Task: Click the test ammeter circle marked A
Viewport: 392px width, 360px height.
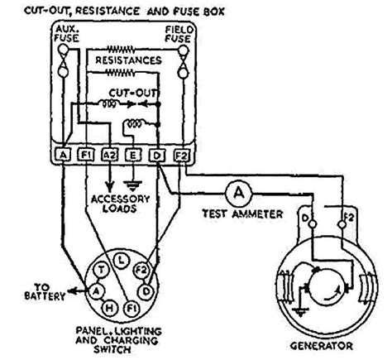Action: [239, 192]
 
